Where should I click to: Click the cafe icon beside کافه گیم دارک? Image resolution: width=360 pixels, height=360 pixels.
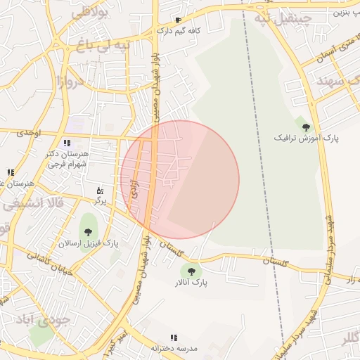tap(178, 20)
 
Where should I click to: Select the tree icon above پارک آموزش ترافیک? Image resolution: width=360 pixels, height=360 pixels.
tap(306, 127)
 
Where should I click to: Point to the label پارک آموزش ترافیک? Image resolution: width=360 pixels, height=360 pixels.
tap(306, 139)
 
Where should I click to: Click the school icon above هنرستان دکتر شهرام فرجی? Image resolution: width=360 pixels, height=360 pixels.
tap(67, 143)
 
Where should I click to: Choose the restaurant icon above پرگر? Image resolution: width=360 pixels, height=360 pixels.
tap(100, 191)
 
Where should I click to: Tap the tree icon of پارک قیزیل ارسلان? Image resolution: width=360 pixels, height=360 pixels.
tap(89, 233)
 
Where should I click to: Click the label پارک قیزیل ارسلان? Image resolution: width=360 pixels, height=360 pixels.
tap(89, 243)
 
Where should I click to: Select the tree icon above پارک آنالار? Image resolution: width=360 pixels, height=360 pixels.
tap(191, 271)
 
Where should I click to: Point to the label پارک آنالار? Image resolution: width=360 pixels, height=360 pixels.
tap(191, 282)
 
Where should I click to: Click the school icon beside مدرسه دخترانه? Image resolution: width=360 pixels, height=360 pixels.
tap(174, 338)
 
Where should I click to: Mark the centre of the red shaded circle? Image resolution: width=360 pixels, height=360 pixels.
tap(180, 180)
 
